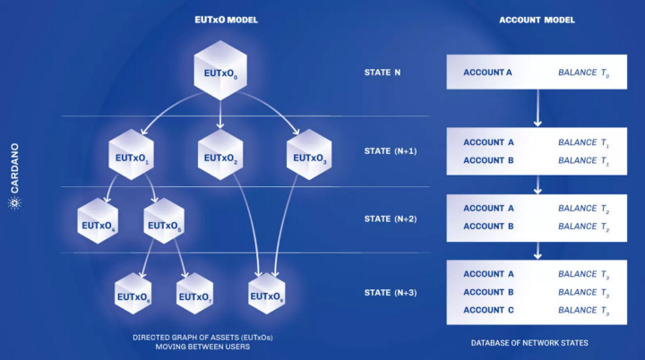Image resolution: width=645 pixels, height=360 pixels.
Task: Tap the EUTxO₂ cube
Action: [x=220, y=158]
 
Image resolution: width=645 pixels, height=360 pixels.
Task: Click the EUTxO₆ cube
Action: [x=133, y=295]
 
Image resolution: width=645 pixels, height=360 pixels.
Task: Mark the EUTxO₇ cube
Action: [x=196, y=295]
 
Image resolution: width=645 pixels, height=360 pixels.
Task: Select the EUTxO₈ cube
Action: [x=267, y=295]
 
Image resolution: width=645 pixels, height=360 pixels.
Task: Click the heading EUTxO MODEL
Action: [x=221, y=18]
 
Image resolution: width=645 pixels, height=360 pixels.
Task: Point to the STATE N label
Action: [x=383, y=72]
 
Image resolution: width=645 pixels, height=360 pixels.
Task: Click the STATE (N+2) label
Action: [x=391, y=219]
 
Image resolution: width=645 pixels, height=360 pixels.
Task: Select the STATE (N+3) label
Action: [x=391, y=293]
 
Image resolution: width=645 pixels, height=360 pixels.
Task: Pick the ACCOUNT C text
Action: [x=489, y=310]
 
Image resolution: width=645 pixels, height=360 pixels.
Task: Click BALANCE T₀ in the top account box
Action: [x=583, y=72]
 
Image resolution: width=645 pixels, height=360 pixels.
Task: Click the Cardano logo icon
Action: [x=13, y=205]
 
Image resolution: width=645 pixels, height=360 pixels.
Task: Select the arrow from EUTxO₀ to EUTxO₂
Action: [x=221, y=113]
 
